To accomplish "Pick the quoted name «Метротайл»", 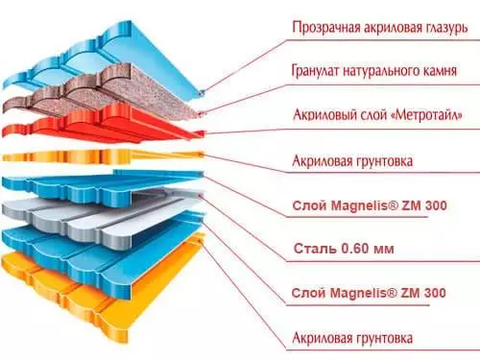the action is point(413,116).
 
